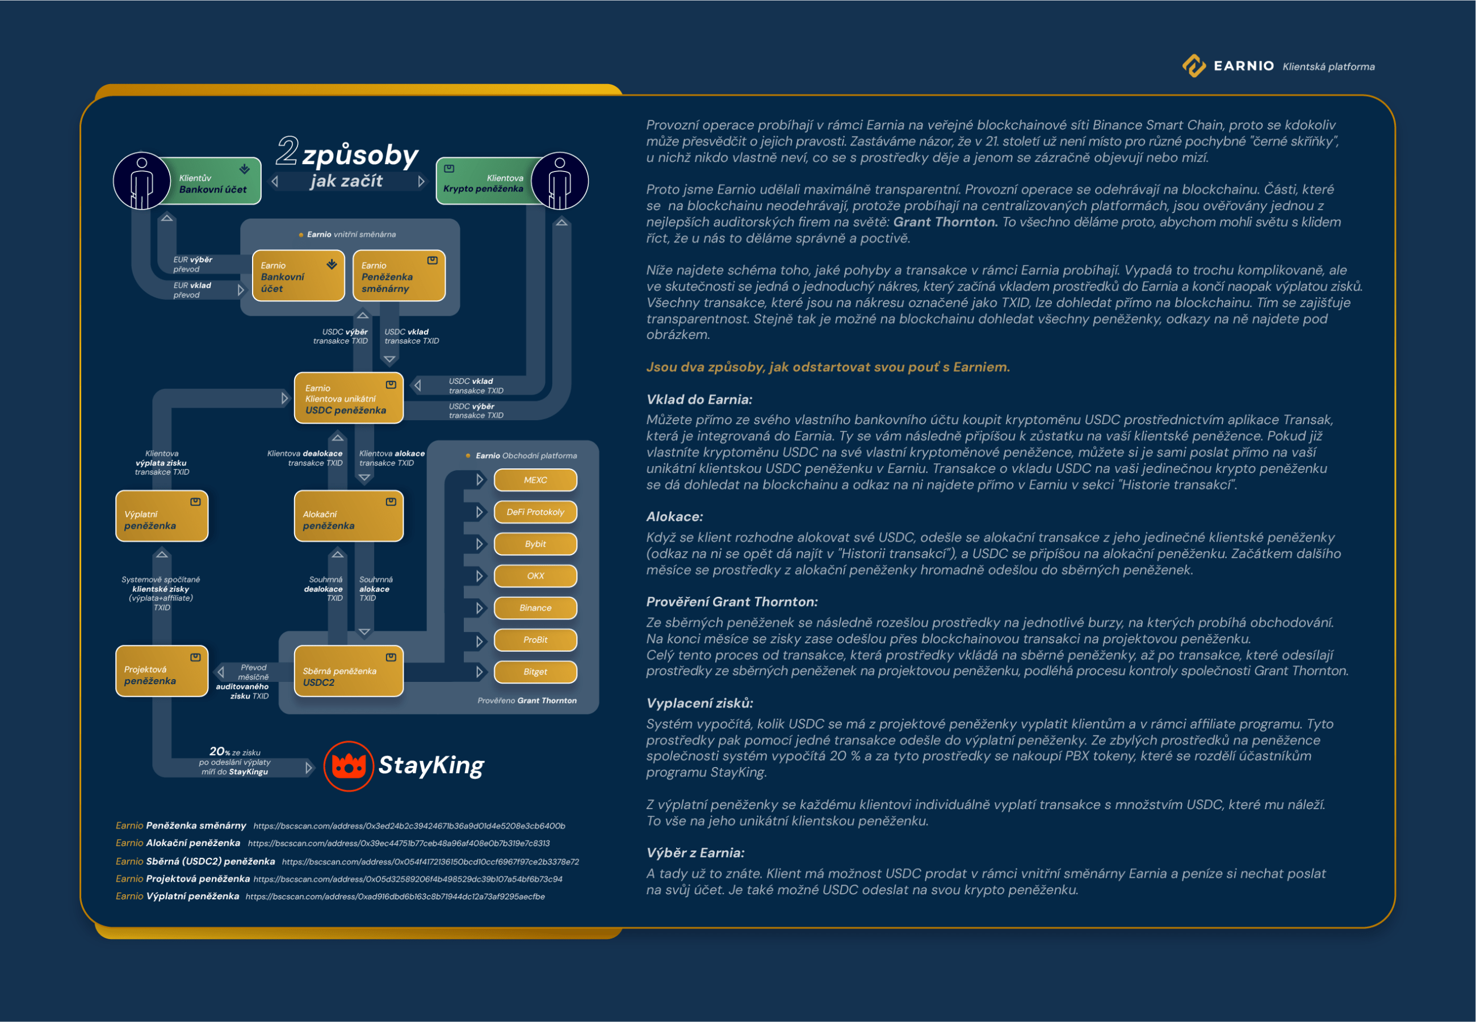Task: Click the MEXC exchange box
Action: pyautogui.click(x=535, y=480)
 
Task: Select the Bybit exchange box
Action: pyautogui.click(x=535, y=544)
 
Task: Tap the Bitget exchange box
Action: pyautogui.click(x=535, y=672)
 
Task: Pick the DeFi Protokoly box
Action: pyautogui.click(x=535, y=512)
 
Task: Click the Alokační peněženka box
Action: pyautogui.click(x=348, y=516)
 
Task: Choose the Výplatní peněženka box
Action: pyautogui.click(x=162, y=516)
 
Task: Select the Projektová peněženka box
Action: pyautogui.click(x=162, y=671)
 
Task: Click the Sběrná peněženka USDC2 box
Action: pyautogui.click(x=348, y=671)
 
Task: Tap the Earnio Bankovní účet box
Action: pyautogui.click(x=298, y=275)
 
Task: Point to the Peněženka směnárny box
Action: pyautogui.click(x=399, y=275)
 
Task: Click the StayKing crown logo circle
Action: pyautogui.click(x=349, y=766)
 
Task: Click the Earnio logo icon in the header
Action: pyautogui.click(x=1193, y=65)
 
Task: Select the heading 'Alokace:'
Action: pyautogui.click(x=674, y=517)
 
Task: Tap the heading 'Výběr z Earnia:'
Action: pyautogui.click(x=695, y=853)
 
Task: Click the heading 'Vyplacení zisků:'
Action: pyautogui.click(x=699, y=703)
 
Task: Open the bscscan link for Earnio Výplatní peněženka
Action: pyautogui.click(x=395, y=897)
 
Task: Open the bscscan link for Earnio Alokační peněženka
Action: pyautogui.click(x=399, y=843)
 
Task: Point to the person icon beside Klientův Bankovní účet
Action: pyautogui.click(x=142, y=181)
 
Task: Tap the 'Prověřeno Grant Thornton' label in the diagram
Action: pyautogui.click(x=527, y=701)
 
